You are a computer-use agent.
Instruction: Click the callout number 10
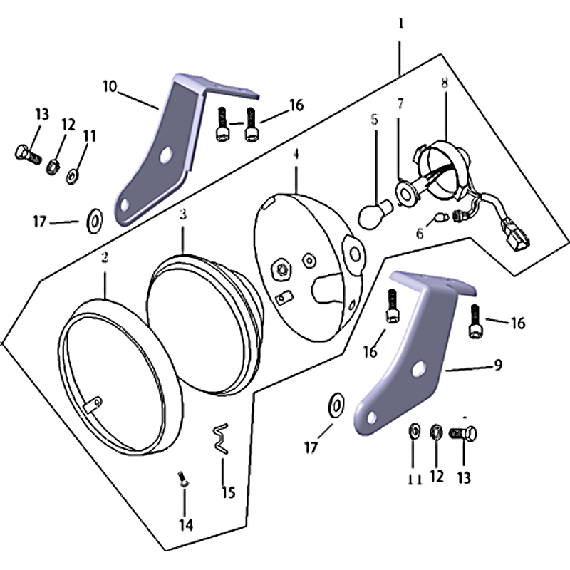tap(110, 86)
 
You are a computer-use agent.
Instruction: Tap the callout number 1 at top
tap(401, 24)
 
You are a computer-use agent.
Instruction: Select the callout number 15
tap(229, 492)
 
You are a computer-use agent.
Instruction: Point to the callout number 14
tap(186, 525)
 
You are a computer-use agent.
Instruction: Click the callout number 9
tap(498, 365)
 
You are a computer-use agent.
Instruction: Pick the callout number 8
tap(445, 83)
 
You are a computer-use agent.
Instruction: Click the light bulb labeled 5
tap(375, 214)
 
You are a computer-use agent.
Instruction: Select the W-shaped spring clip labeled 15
tap(221, 439)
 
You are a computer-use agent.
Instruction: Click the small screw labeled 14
tap(184, 478)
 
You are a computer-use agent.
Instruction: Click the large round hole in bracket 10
tap(166, 155)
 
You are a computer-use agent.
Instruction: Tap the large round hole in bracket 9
tap(418, 368)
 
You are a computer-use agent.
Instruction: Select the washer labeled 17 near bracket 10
tap(95, 221)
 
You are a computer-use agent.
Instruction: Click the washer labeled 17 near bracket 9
tap(336, 405)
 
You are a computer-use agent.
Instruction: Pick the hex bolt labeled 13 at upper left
tap(28, 155)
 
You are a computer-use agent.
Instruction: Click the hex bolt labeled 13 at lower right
tap(463, 434)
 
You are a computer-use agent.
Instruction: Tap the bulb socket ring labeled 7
tap(405, 192)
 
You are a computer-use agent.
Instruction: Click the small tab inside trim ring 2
tap(93, 404)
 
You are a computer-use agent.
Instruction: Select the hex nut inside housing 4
tap(281, 269)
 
